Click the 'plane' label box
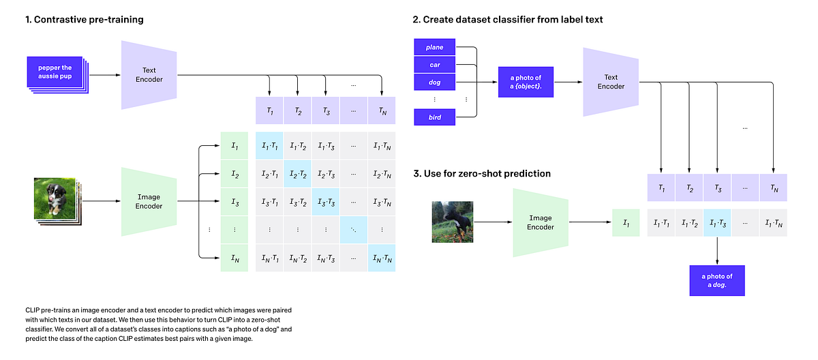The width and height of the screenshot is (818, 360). click(434, 47)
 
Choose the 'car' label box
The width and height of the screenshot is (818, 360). click(434, 65)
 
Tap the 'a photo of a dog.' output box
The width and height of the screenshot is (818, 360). click(716, 280)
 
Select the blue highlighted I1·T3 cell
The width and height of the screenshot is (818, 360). click(717, 222)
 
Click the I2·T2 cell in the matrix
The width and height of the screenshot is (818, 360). click(298, 174)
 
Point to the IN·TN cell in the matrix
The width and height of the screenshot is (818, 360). click(381, 258)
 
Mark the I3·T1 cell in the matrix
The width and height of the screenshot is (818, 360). click(270, 202)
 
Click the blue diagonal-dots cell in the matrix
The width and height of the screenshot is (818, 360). click(353, 230)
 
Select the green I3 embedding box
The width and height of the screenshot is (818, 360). click(235, 202)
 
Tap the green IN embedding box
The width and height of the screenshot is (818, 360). click(235, 258)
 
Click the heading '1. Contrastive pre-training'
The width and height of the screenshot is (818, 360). click(75, 20)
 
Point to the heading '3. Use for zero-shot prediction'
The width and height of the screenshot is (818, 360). click(482, 174)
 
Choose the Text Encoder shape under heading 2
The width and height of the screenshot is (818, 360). click(610, 82)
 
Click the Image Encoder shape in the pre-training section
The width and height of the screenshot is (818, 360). click(149, 202)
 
